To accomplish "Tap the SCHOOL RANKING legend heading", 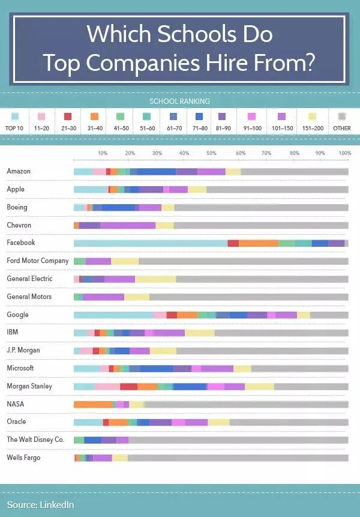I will click(180, 101).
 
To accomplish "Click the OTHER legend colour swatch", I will click(342, 116).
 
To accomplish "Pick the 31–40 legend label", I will click(94, 128).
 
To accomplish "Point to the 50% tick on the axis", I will click(211, 154).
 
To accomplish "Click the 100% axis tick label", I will click(344, 154).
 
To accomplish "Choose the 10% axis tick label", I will click(103, 154).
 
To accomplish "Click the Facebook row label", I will click(21, 243).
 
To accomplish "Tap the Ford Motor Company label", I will click(38, 261).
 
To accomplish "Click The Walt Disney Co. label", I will click(35, 440).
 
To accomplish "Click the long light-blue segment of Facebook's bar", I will click(150, 243).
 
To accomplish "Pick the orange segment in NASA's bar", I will click(93, 404).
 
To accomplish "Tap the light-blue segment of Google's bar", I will click(113, 315).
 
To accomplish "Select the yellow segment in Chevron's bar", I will click(164, 225).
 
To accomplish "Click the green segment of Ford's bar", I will click(79, 261).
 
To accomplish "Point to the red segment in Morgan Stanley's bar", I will click(128, 386).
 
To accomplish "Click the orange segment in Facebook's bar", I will click(259, 243).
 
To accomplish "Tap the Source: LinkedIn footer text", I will click(40, 505).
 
